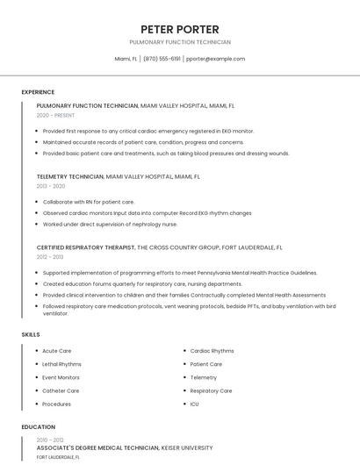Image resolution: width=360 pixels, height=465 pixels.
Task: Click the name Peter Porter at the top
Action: pos(179,29)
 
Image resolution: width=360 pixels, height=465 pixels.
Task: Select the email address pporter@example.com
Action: pos(215,59)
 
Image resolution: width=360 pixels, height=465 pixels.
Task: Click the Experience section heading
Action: pos(38,92)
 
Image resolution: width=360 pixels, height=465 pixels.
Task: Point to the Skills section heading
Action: pos(31,334)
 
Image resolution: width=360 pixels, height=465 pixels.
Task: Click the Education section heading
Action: pos(39,427)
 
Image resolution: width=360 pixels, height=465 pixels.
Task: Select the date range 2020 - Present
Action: pos(55,115)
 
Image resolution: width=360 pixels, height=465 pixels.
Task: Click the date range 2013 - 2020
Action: pos(51,186)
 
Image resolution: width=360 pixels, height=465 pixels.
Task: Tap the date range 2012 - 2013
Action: pos(50,257)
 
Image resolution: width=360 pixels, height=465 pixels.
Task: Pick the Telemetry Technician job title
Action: pos(70,176)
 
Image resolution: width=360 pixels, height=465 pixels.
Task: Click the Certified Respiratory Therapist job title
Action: pos(86,247)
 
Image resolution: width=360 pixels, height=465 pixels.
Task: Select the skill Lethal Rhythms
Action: pos(61,364)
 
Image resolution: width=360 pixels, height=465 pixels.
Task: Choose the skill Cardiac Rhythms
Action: pos(212,351)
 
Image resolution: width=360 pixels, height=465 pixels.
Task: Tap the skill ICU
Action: pos(194,404)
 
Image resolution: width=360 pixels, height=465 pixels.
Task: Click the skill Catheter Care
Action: pos(61,390)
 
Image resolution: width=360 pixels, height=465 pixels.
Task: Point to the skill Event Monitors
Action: pos(61,377)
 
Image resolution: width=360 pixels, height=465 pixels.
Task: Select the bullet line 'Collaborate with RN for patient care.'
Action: pos(88,202)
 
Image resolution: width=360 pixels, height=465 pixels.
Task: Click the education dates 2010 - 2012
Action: pos(50,440)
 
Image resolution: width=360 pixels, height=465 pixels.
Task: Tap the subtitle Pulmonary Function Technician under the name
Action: pos(179,42)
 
